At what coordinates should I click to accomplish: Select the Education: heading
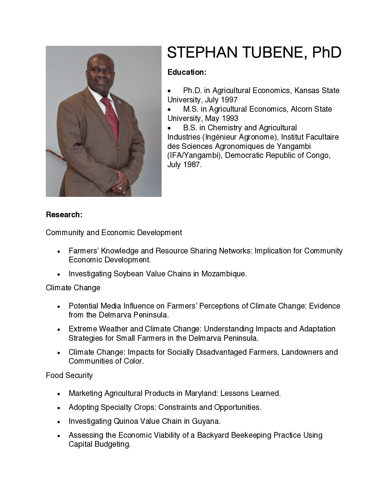point(187,72)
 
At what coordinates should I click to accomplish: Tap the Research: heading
point(64,215)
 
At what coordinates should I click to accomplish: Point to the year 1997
point(229,100)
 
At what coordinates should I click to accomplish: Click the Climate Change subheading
point(73,288)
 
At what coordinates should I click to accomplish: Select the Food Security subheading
point(69,375)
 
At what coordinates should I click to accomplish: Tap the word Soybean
point(128,274)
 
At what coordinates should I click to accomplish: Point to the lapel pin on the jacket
point(120,103)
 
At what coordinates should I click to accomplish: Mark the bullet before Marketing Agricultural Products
point(58,394)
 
